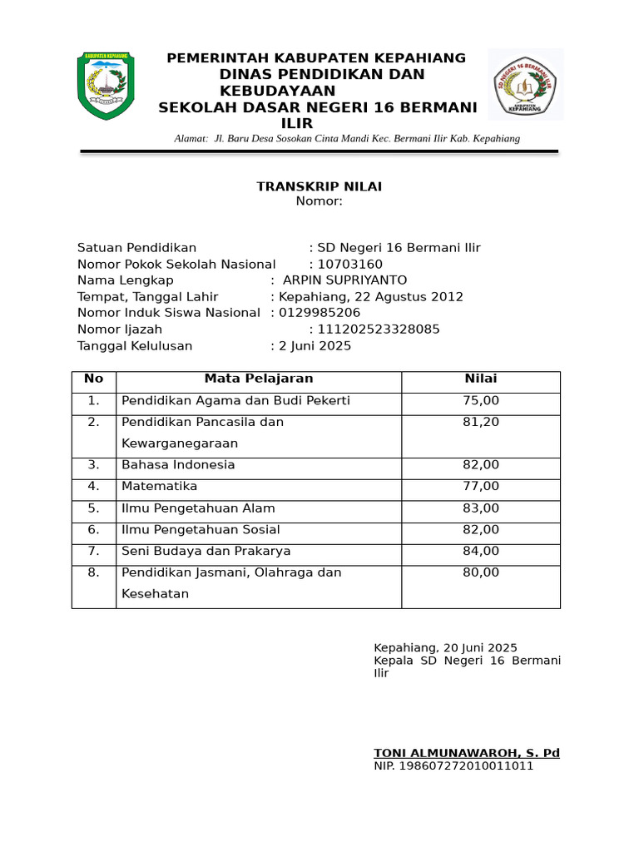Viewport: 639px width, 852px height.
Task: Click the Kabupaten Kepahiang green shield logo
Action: click(x=106, y=85)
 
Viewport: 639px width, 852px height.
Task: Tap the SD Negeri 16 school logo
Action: click(x=526, y=85)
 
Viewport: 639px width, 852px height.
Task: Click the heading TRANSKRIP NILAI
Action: click(x=319, y=186)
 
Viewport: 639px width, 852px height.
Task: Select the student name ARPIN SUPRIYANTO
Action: click(x=345, y=280)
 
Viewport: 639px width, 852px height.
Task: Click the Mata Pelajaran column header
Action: click(x=259, y=379)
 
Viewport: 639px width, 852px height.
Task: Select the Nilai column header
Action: click(x=481, y=379)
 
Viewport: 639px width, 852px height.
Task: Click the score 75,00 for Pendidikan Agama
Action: click(x=481, y=401)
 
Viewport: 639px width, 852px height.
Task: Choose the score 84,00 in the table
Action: click(x=481, y=551)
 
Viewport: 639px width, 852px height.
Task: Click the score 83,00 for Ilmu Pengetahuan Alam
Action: click(x=481, y=508)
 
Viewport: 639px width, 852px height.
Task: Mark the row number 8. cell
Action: click(x=94, y=572)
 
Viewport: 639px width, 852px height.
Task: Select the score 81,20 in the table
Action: click(x=481, y=423)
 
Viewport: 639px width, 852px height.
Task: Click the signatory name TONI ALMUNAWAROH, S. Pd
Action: click(x=467, y=753)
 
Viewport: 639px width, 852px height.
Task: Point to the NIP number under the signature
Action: click(x=453, y=765)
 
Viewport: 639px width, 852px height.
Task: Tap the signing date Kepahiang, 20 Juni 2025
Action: click(x=446, y=648)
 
